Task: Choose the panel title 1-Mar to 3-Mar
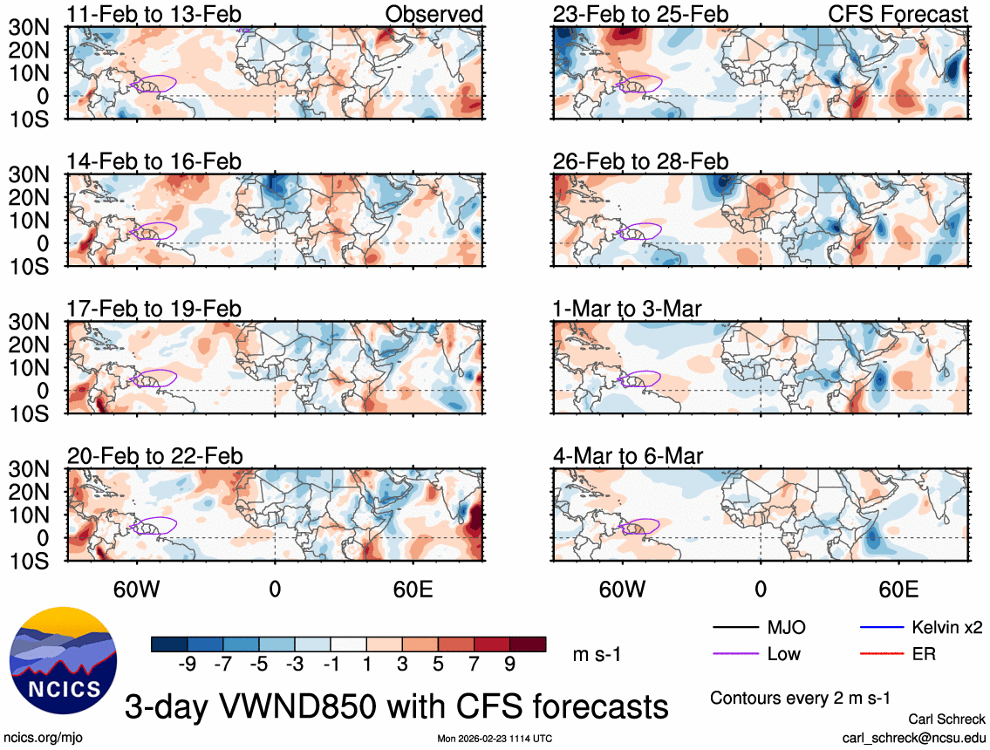click(x=628, y=309)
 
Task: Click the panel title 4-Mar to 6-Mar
click(x=628, y=456)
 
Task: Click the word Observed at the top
click(x=434, y=14)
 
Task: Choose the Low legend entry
click(x=783, y=654)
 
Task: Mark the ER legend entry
click(x=923, y=654)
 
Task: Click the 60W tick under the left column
click(x=137, y=589)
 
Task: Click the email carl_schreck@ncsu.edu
click(x=913, y=738)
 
